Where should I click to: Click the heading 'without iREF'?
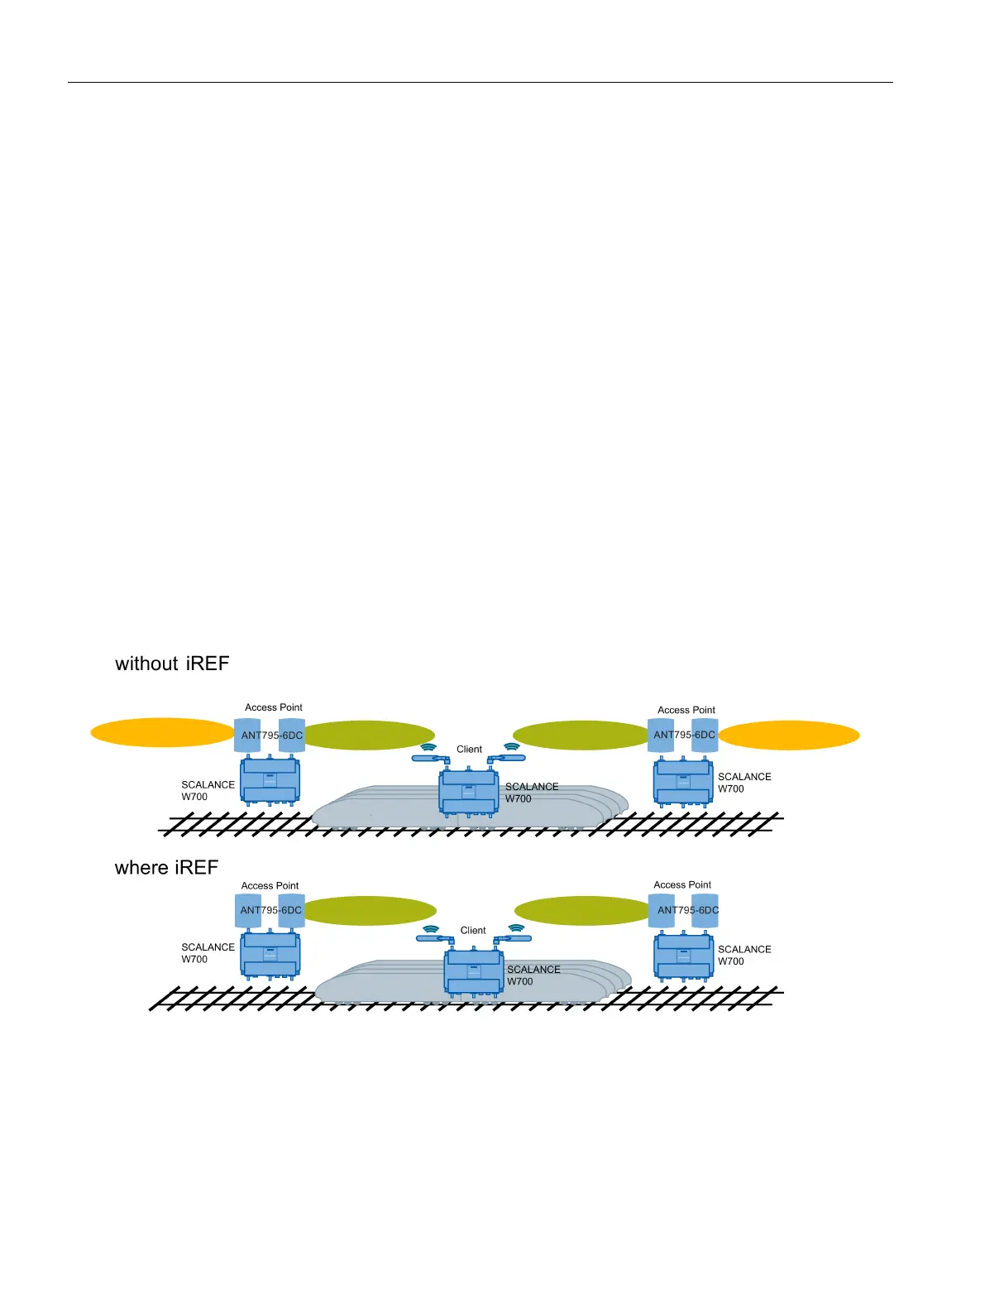click(x=172, y=664)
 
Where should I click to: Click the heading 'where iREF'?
click(x=166, y=867)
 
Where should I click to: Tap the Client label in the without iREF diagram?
click(x=469, y=750)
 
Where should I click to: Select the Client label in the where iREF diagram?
click(x=473, y=931)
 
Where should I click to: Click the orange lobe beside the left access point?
click(x=162, y=733)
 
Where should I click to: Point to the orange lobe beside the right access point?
click(x=789, y=735)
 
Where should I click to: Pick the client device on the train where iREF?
click(x=474, y=972)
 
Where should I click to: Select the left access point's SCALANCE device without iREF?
click(x=270, y=781)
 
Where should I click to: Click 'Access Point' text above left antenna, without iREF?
click(x=274, y=707)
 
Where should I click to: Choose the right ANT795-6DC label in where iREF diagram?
click(x=688, y=910)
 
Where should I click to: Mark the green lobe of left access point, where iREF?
click(x=369, y=911)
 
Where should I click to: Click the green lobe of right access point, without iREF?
click(x=581, y=735)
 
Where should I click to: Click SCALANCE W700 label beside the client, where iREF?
click(x=533, y=975)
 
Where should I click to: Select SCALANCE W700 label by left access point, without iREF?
click(x=208, y=791)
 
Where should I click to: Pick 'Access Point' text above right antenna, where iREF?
click(x=682, y=885)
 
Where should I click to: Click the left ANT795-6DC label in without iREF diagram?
click(x=272, y=736)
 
